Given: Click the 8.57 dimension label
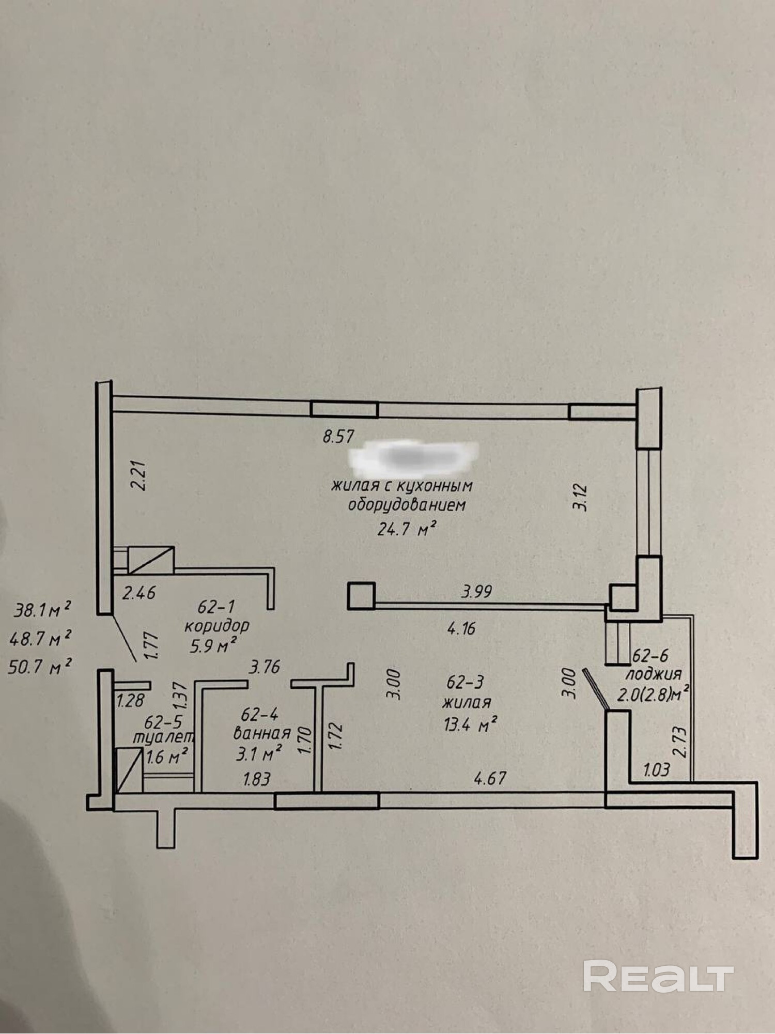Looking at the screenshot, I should (338, 437).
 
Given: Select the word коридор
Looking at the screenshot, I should (217, 626).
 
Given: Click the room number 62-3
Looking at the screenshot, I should (465, 682).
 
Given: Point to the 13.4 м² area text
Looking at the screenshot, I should (470, 725).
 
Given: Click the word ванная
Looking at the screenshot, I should (262, 733).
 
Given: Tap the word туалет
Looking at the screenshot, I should (163, 737).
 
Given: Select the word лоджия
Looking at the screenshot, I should (653, 674).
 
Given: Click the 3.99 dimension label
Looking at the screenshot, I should (477, 591).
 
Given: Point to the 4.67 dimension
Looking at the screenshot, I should (490, 777).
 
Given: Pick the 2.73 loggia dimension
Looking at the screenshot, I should (681, 742).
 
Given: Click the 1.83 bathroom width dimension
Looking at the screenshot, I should (257, 778).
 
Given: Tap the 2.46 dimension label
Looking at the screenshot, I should (138, 592).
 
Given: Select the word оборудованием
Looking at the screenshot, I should (407, 505).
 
